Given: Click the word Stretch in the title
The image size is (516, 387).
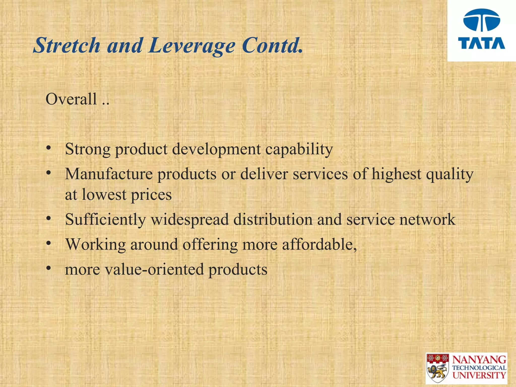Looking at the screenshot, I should (x=67, y=45).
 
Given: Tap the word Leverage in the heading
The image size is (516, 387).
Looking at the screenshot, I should (x=192, y=46).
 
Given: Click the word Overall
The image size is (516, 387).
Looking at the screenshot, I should (x=71, y=99).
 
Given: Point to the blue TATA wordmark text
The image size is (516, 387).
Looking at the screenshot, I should (x=481, y=43).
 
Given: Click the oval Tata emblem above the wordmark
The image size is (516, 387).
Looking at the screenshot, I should (x=481, y=20).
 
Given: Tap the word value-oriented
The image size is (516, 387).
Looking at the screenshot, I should (x=154, y=269).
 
